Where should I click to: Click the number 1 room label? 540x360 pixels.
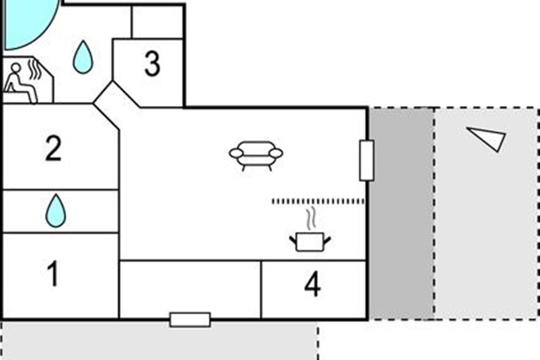coord(54,274)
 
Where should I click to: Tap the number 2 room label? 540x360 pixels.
coord(53,150)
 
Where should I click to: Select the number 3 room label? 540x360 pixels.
coord(152,64)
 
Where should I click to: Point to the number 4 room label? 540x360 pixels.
coord(312,285)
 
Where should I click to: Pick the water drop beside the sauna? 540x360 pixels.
coord(83,57)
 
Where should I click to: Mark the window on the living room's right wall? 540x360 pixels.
coord(367,160)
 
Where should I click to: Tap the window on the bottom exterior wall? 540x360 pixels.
coord(190,319)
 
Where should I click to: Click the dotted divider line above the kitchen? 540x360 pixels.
coord(318,201)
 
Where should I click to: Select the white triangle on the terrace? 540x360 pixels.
coord(489,138)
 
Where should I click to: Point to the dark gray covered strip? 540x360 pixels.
coord(401,214)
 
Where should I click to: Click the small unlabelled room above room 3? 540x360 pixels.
coord(157,22)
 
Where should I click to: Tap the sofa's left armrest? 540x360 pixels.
coord(236,153)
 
